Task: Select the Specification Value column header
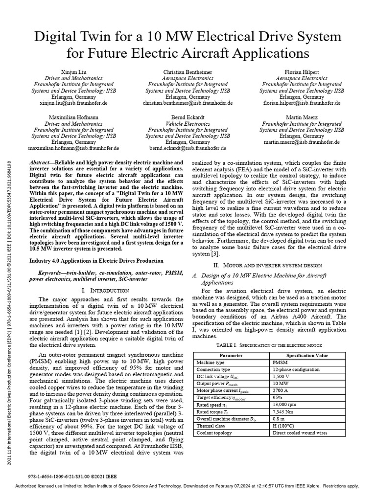[x=307, y=355]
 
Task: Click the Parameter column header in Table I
[x=231, y=355]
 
